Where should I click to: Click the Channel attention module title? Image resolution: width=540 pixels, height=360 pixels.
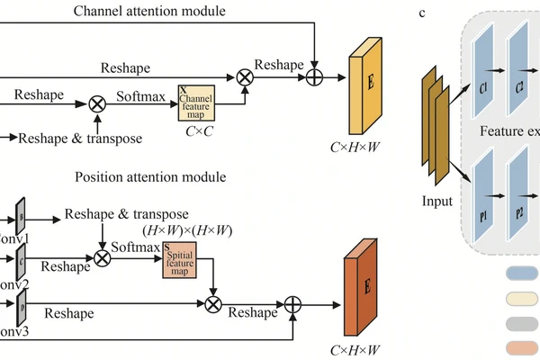149,11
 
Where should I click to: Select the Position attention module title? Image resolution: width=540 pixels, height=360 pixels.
150,176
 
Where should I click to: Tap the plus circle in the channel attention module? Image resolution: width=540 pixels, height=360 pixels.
314,77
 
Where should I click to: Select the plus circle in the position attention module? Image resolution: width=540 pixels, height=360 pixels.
292,304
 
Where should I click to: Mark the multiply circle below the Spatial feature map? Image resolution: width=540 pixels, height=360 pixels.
212,304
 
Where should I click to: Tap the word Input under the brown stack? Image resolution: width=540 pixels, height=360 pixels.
437,201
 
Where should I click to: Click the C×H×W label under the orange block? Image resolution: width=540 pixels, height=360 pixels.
355,348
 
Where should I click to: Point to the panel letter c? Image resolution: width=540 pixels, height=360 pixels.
422,13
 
